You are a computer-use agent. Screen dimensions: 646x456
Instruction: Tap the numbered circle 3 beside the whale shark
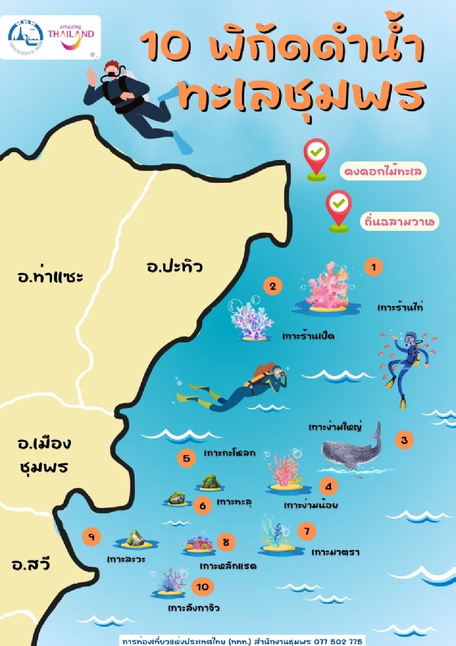[x=404, y=440]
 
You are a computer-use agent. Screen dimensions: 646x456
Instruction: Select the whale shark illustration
[x=352, y=449]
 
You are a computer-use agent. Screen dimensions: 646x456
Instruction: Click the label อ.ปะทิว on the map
[x=175, y=266]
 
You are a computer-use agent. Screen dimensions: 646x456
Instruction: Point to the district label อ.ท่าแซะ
[x=50, y=276]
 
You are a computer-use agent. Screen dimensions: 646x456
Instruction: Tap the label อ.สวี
[x=31, y=564]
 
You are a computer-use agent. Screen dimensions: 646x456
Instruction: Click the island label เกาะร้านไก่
[x=400, y=307]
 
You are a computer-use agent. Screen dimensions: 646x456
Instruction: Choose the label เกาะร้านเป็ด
[x=308, y=336]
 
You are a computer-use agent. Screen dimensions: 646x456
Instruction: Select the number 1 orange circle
[x=373, y=267]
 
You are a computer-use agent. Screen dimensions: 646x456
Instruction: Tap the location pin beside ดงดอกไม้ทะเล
[x=316, y=159]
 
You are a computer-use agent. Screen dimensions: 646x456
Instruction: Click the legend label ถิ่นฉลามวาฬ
[x=399, y=222]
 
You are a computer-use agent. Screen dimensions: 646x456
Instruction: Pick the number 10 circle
[x=203, y=587]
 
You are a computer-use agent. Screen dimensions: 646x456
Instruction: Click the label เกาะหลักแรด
[x=228, y=566]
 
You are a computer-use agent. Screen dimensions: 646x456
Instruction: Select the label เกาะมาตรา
[x=335, y=552]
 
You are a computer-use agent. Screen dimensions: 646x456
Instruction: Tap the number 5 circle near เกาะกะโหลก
[x=186, y=458]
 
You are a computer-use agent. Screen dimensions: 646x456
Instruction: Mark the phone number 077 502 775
[x=338, y=641]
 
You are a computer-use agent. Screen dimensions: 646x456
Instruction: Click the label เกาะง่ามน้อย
[x=311, y=505]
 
